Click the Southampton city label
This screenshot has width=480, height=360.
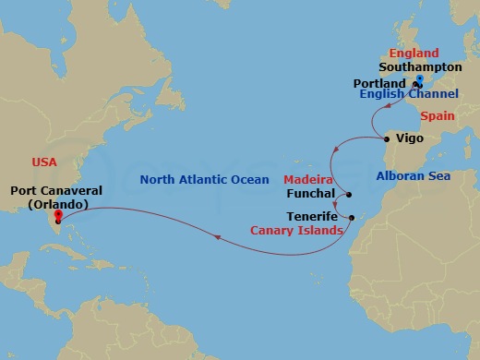(x=420, y=67)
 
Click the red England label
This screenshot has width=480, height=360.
(x=414, y=54)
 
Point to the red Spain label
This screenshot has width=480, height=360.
(x=438, y=116)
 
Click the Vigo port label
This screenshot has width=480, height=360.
(x=409, y=138)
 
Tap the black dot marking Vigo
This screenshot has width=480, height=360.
(x=386, y=139)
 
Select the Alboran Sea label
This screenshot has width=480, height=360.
(x=413, y=175)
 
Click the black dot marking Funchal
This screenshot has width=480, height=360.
(x=350, y=195)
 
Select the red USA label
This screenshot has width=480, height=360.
(x=44, y=162)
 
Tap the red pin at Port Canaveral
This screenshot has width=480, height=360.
(x=58, y=217)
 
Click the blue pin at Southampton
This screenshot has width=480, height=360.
(x=420, y=80)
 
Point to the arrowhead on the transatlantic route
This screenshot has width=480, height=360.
(x=216, y=238)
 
